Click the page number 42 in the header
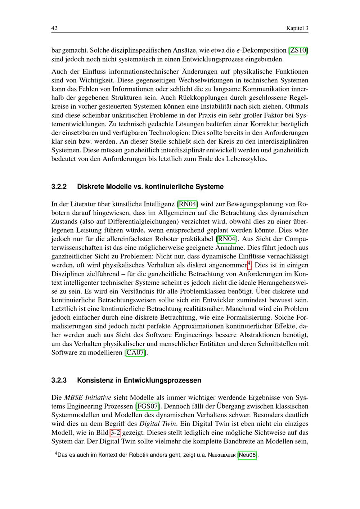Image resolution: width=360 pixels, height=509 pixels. [x=55, y=28]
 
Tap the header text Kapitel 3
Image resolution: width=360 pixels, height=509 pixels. [x=297, y=28]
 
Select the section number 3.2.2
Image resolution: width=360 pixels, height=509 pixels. [x=59, y=187]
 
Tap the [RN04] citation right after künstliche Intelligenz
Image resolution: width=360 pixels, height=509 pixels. [x=188, y=204]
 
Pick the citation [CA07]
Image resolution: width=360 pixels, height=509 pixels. [x=135, y=353]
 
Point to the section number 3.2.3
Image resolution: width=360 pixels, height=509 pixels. [x=59, y=380]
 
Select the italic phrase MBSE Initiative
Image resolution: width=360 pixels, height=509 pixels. [x=87, y=398]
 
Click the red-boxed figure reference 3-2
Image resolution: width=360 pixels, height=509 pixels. [x=115, y=433]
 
